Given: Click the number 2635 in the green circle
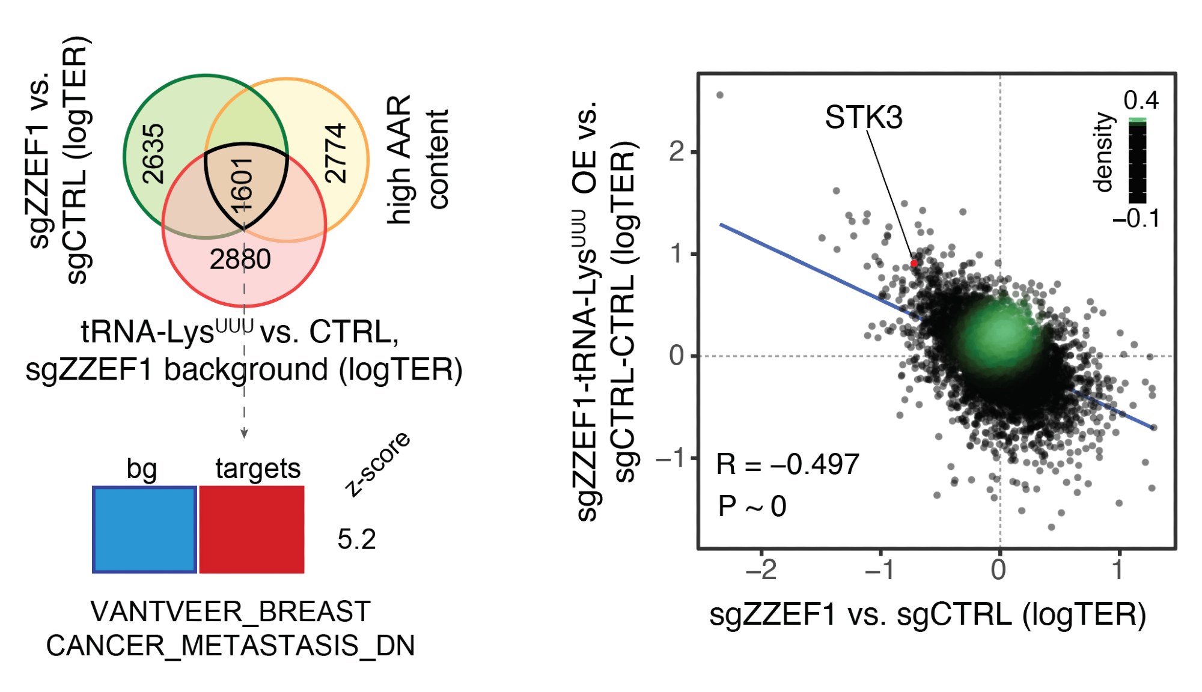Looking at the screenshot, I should (x=153, y=153).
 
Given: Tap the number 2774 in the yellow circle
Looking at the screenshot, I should (x=335, y=153).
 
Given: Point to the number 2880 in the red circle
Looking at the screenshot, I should (x=240, y=259).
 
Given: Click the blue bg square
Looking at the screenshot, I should (x=144, y=529).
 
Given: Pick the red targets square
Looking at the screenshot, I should (x=252, y=529).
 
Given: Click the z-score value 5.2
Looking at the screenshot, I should (x=356, y=539).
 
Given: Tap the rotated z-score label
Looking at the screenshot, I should (x=377, y=464).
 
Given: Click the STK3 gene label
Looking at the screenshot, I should (x=863, y=117).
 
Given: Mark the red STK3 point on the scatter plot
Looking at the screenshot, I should (x=914, y=263).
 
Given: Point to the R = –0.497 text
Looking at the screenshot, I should (x=787, y=464).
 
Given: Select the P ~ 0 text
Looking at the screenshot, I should (x=752, y=506).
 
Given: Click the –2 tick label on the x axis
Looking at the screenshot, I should (x=761, y=569).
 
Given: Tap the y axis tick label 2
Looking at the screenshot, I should (x=677, y=153).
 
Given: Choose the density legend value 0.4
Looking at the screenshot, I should (x=1141, y=100).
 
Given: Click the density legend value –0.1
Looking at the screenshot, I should (x=1136, y=219).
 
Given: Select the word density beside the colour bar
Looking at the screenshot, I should (x=1103, y=153).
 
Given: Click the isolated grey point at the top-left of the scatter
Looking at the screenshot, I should (x=720, y=95).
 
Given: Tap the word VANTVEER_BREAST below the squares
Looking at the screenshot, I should (x=230, y=612).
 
